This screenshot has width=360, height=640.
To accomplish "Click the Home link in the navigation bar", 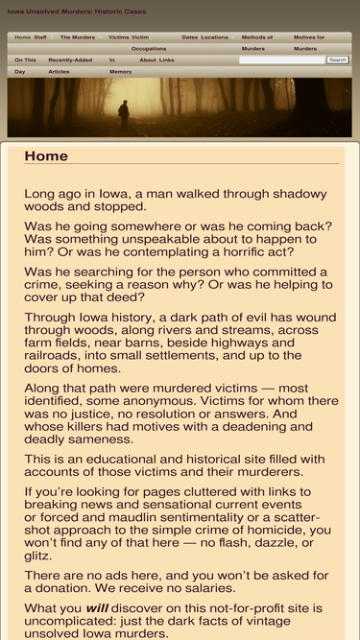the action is [22, 37].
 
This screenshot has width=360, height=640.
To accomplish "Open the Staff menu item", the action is [39, 37].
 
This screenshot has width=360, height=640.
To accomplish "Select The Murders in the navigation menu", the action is [77, 37].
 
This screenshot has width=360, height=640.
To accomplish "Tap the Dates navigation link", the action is [189, 37].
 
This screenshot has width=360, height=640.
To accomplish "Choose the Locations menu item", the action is [214, 37].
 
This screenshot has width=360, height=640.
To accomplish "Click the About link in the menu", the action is [147, 59].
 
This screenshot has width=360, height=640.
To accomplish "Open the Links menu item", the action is [167, 59].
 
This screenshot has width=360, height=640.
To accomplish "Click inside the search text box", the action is [281, 59].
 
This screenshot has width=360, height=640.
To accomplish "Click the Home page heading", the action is [46, 156].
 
